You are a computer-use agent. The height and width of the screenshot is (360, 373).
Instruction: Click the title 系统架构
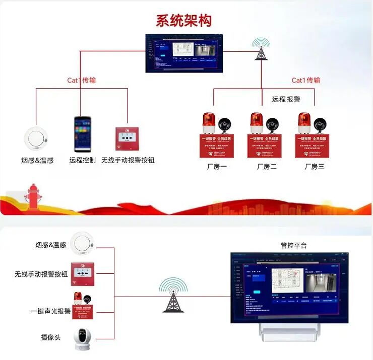click(183, 20)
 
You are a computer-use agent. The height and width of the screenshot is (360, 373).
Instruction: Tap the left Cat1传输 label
click(82, 80)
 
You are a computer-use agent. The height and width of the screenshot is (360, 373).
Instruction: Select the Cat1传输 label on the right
click(306, 80)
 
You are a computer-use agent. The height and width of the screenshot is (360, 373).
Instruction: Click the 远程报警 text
click(286, 99)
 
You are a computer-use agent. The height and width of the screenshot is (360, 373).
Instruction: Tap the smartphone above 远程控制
click(83, 134)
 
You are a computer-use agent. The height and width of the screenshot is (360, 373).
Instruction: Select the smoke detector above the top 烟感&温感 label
click(36, 137)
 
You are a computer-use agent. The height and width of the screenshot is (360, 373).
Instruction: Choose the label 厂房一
click(217, 167)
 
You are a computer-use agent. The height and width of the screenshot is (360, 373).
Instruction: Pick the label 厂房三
click(314, 167)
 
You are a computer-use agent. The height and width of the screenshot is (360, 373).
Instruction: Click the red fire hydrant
click(34, 196)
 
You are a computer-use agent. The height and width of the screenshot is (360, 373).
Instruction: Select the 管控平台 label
click(293, 245)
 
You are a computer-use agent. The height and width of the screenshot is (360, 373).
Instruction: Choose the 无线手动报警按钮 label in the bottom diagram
click(41, 274)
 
